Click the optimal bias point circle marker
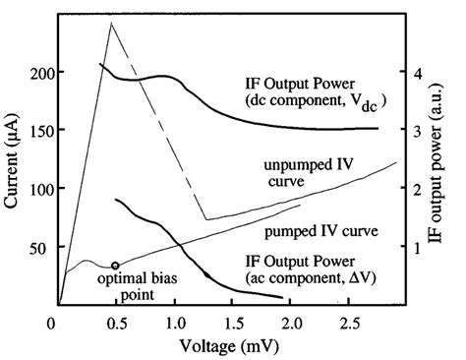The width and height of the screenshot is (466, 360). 115,266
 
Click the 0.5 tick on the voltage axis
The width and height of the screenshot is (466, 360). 116,323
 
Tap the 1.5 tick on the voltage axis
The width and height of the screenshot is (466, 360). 234,323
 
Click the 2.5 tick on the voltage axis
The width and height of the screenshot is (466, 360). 352,323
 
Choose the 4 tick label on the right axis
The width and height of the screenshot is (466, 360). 417,74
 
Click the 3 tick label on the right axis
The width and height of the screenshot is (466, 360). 417,130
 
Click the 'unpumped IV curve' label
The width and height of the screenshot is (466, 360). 319,171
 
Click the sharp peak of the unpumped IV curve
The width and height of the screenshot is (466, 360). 110,23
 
